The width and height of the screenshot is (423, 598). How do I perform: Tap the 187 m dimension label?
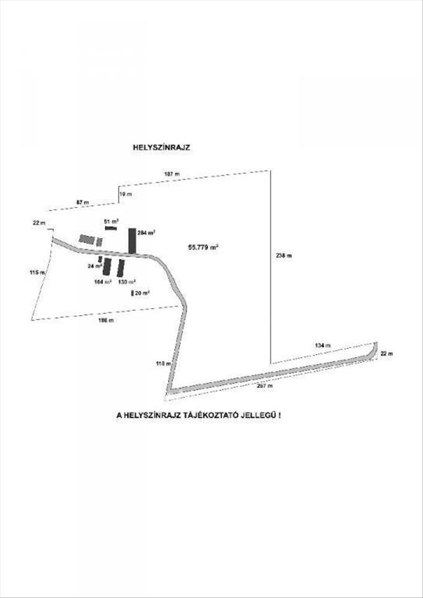[172, 173]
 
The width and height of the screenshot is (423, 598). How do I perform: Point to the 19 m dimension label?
[125, 194]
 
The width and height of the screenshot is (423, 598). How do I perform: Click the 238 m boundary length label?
[284, 255]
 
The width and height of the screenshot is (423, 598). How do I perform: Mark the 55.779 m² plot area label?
[203, 246]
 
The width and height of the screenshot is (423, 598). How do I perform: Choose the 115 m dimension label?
[37, 273]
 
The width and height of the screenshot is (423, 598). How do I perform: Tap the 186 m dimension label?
[106, 321]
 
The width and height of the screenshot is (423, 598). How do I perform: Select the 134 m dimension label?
[321, 346]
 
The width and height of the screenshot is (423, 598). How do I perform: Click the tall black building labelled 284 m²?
[132, 241]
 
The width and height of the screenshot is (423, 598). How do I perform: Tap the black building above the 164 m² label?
[107, 266]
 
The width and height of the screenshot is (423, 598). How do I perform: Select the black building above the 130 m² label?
[120, 267]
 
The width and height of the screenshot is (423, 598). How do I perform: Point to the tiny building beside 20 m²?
[132, 293]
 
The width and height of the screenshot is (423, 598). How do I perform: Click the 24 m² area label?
[94, 266]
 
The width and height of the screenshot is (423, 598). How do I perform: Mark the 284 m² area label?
[147, 232]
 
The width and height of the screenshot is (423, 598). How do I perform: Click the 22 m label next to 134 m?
[387, 354]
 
